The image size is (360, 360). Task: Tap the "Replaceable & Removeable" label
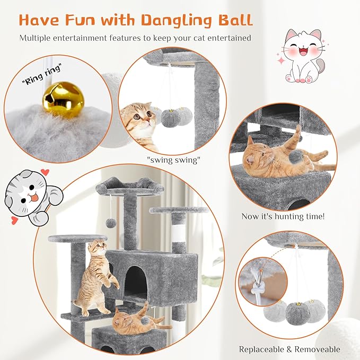[289, 349]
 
